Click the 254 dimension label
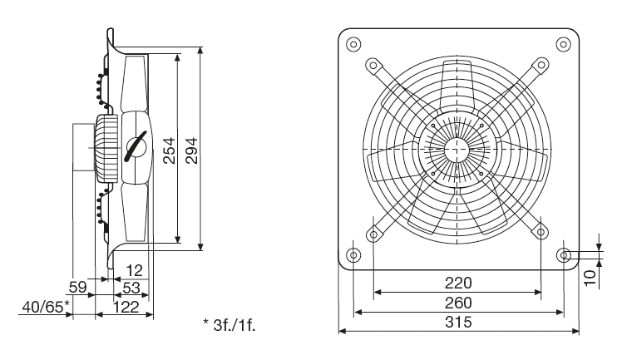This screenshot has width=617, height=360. [x=170, y=150]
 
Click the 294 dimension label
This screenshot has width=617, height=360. [x=191, y=150]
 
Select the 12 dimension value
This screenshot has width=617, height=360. [x=134, y=271]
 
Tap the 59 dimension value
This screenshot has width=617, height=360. [x=77, y=287]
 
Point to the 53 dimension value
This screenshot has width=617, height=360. [x=131, y=288]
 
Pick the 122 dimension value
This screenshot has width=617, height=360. [x=126, y=308]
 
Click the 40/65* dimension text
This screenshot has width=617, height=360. [x=46, y=307]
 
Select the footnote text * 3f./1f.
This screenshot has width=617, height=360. [x=229, y=325]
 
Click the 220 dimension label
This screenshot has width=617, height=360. [x=458, y=283]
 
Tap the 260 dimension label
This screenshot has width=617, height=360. [x=458, y=303]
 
